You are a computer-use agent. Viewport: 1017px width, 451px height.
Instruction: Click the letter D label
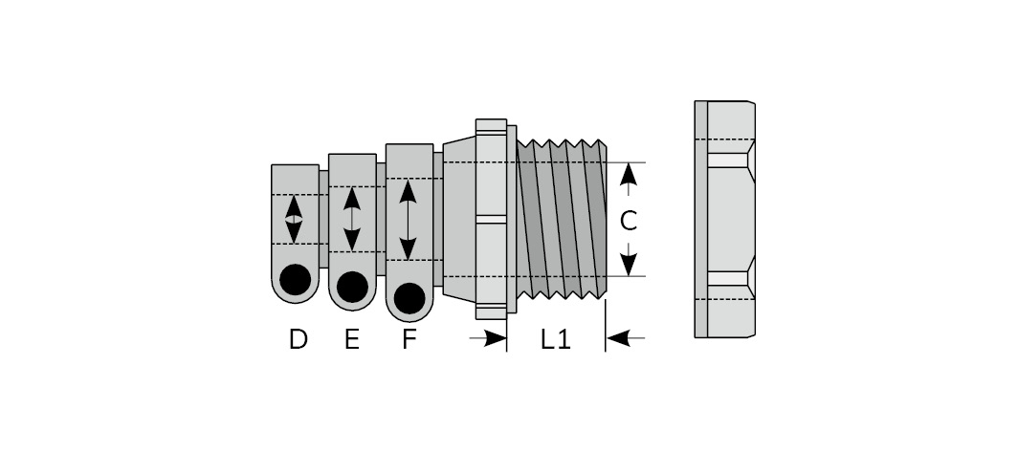coord(298,339)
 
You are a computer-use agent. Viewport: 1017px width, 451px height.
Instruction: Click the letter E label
coord(352,339)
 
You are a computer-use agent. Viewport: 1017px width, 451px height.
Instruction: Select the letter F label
coord(409,339)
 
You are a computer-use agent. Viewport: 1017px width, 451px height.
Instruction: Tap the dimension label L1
coord(556,339)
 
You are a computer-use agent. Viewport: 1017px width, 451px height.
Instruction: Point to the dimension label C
coord(629,221)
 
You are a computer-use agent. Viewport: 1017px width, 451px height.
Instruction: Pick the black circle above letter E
coord(352,287)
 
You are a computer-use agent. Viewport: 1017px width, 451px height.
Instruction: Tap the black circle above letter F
coord(409,297)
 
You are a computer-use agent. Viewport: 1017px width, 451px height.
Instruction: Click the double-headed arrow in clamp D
coord(295,220)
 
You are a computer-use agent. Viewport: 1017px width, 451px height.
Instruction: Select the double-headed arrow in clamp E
coord(352,219)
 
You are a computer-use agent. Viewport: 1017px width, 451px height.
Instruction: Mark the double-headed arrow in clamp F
coord(409,219)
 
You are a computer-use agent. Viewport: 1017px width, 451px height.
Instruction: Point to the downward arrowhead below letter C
coord(629,263)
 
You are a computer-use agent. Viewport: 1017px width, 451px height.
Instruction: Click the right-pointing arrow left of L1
coord(492,337)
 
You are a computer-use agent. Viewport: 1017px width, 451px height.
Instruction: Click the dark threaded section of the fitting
coord(562,220)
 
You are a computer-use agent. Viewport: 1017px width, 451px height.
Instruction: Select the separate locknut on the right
coord(725,219)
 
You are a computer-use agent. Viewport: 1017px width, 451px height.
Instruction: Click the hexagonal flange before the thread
coord(491,219)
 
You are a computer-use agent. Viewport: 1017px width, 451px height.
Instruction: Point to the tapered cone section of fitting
coord(459,219)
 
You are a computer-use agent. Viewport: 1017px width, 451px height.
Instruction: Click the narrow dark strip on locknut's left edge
coord(701,219)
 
